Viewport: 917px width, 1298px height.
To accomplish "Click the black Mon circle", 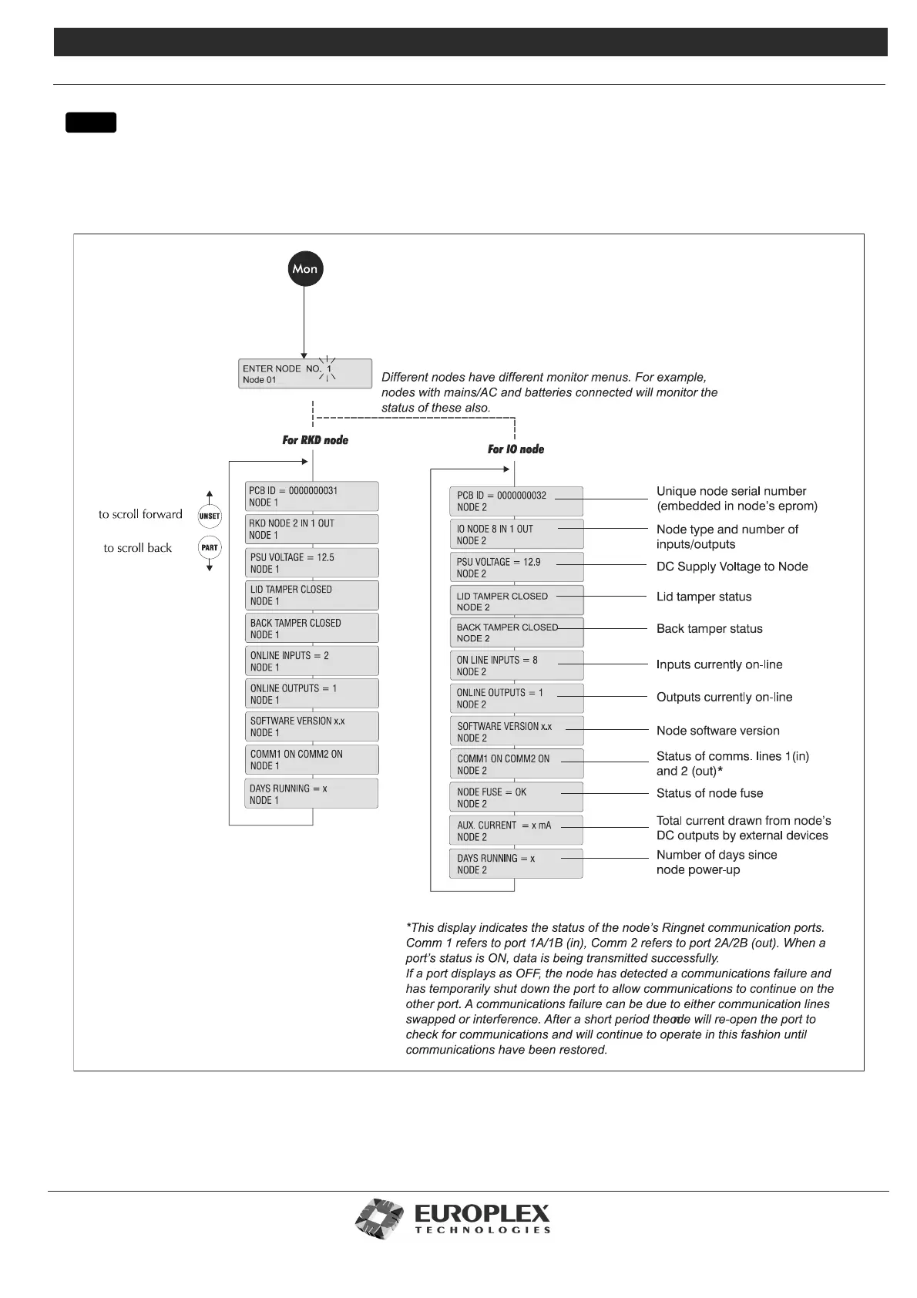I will point(304,269).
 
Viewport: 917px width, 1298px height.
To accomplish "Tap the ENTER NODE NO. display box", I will point(305,374).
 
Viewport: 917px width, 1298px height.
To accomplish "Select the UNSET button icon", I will point(210,516).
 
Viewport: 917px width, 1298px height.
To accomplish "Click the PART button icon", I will point(210,548).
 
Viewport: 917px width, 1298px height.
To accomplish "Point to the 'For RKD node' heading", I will point(315,440).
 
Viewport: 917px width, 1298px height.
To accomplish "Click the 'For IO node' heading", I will point(516,449).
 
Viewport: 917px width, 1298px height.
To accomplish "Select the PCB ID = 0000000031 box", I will point(312,496).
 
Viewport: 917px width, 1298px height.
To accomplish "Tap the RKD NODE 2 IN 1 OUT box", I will point(312,529).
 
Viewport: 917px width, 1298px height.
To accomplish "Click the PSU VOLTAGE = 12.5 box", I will point(312,563).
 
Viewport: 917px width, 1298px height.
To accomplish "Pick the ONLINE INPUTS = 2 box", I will point(312,661).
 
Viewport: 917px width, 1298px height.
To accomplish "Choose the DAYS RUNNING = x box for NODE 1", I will point(312,794).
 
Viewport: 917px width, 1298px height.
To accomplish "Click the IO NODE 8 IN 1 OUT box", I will point(516,534).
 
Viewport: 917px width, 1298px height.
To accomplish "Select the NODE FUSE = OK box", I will point(516,798).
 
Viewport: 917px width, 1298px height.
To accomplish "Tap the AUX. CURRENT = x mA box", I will point(516,831).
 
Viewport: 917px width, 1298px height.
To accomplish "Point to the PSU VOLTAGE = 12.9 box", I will point(516,567).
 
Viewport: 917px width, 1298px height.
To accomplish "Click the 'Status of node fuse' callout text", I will point(710,793).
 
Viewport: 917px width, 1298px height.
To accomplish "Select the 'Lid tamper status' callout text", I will point(704,597).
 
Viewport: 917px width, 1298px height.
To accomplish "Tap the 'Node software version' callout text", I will point(717,731).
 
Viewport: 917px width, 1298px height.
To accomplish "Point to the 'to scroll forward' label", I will point(140,514).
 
